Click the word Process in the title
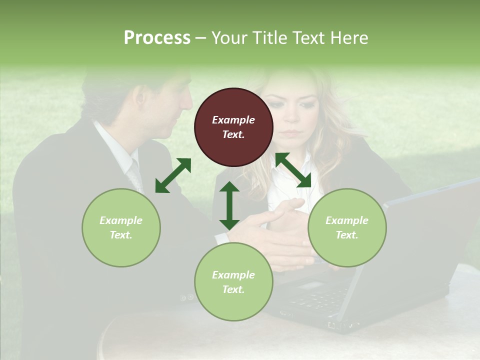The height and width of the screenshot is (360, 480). point(157,38)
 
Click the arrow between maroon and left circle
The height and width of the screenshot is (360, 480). point(173,175)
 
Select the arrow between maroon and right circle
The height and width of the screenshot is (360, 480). point(293,170)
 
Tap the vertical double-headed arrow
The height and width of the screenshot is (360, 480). point(229,205)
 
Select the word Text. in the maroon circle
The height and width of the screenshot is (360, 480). point(233,134)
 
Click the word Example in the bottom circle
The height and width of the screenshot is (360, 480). point(233,275)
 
